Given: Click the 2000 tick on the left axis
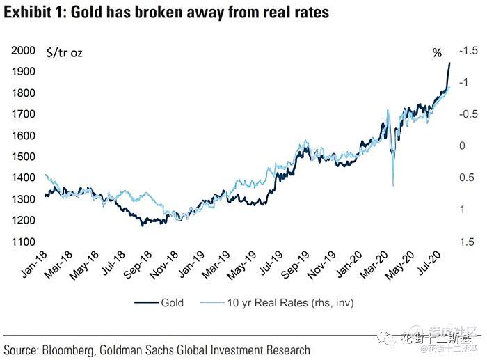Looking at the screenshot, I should (x=25, y=51).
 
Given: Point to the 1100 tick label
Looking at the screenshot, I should (x=25, y=242).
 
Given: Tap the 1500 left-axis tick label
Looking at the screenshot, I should (x=25, y=157).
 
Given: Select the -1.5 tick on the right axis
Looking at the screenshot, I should (x=468, y=50).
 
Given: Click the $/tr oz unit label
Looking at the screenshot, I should (x=64, y=52).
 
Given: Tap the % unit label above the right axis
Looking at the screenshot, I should (x=437, y=53).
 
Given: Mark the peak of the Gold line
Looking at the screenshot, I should (x=449, y=63).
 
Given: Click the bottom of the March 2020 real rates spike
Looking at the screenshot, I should (x=394, y=185).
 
